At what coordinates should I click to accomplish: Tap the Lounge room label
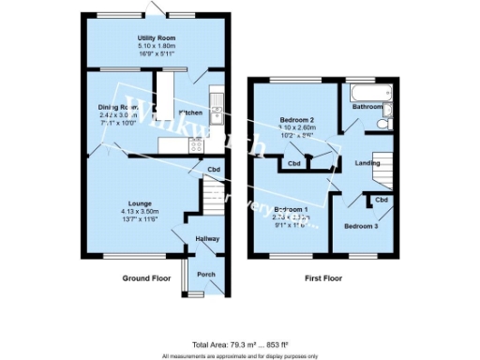[141, 203]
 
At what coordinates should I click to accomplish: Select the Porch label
[205, 275]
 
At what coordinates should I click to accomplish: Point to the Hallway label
[207, 240]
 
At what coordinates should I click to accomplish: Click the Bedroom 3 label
[361, 226]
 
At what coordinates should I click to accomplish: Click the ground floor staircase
[216, 197]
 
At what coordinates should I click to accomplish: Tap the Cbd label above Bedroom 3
[381, 200]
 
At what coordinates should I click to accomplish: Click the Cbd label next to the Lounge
[214, 170]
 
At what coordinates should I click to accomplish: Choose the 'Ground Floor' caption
[146, 278]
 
